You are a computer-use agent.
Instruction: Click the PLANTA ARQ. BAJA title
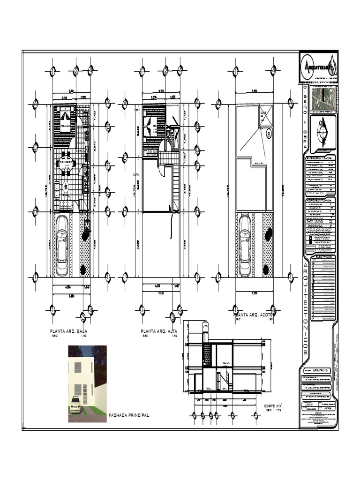coord(69,331)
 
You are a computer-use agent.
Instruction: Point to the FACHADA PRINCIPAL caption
coord(128,415)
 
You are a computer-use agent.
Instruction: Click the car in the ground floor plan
coord(62,247)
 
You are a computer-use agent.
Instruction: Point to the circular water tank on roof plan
coord(268,133)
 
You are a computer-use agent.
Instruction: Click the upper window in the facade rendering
coord(78,367)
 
